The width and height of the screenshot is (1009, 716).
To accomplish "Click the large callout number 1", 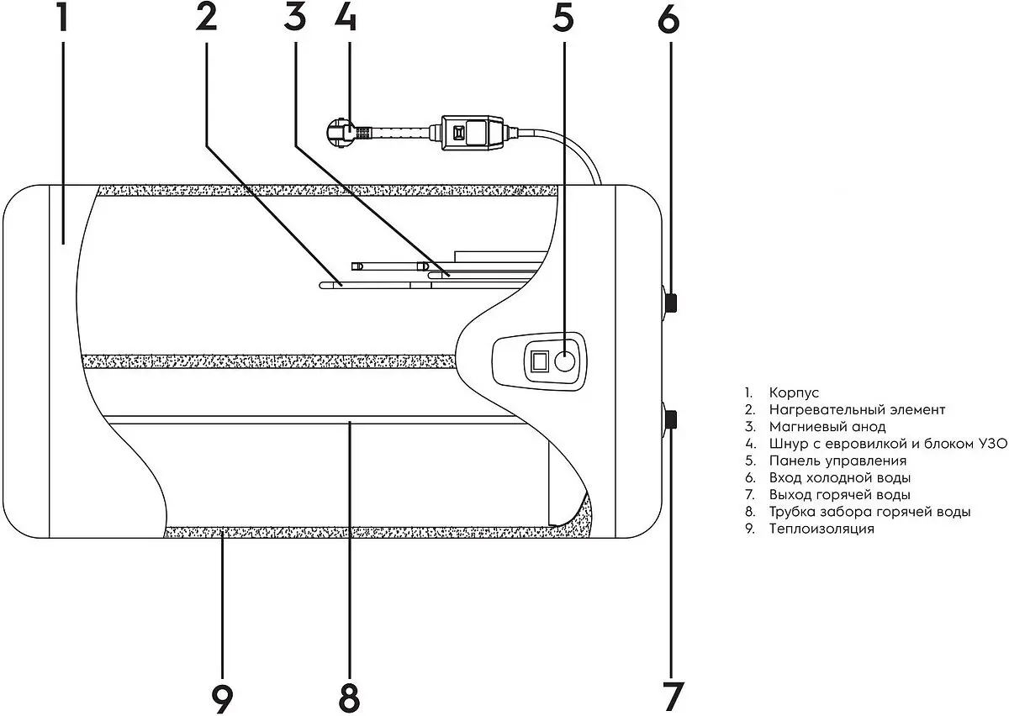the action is tap(62, 18).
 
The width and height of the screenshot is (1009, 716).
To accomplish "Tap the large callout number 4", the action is tap(346, 18).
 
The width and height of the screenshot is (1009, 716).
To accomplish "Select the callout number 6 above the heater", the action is tap(668, 19).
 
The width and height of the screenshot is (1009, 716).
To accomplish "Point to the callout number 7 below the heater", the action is tap(673, 696).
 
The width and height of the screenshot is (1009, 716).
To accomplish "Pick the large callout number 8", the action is tap(349, 698).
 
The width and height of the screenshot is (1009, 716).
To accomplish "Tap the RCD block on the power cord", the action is tap(472, 133).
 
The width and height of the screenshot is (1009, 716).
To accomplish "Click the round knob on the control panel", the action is tap(564, 361).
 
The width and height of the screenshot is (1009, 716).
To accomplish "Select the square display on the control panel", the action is tap(540, 361).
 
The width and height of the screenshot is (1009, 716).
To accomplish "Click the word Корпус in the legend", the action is tap(794, 393).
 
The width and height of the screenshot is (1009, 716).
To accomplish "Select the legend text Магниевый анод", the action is tap(827, 426).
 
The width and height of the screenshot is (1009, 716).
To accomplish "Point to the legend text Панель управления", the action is tap(837, 461).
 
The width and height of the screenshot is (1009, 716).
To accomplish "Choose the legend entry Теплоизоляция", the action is tap(821, 529).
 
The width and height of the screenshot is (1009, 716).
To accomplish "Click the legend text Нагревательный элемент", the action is tap(857, 410).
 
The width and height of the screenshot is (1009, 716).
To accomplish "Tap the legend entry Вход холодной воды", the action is tap(840, 478).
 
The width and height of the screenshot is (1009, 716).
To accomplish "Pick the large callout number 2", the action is tap(206, 18).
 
